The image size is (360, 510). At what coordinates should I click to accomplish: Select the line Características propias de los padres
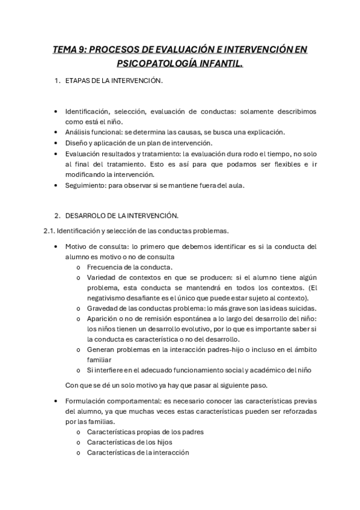pyautogui.click(x=145, y=432)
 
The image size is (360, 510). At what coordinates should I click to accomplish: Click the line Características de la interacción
pyautogui.click(x=138, y=452)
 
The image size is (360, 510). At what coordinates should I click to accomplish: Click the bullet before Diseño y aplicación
pyautogui.click(x=56, y=143)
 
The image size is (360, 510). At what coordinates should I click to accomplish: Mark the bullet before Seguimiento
pyautogui.click(x=56, y=185)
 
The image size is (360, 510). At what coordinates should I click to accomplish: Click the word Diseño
pyautogui.click(x=76, y=143)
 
